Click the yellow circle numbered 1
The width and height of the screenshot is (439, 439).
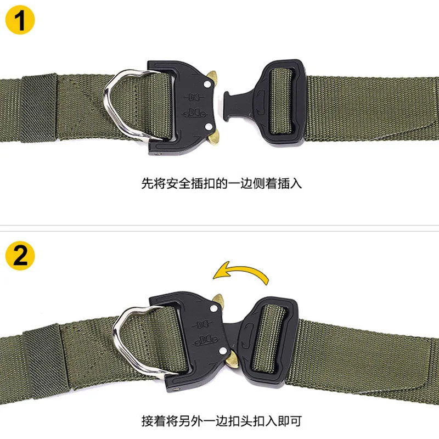[x=20, y=20]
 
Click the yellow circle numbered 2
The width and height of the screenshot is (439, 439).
[x=20, y=256]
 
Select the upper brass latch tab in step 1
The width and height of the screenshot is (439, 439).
[x=212, y=77]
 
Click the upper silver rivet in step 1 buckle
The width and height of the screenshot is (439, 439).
[x=207, y=85]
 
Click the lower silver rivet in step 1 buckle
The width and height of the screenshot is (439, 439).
[x=209, y=127]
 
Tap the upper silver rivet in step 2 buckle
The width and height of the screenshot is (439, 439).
[x=213, y=309]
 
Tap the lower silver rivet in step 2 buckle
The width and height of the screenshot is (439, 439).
[x=223, y=351]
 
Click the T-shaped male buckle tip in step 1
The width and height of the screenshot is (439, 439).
[x=226, y=106]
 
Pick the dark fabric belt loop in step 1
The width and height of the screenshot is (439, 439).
[x=38, y=108]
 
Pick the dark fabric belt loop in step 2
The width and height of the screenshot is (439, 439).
[x=46, y=361]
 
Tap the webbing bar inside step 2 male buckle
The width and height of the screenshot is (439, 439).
[x=268, y=337]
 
